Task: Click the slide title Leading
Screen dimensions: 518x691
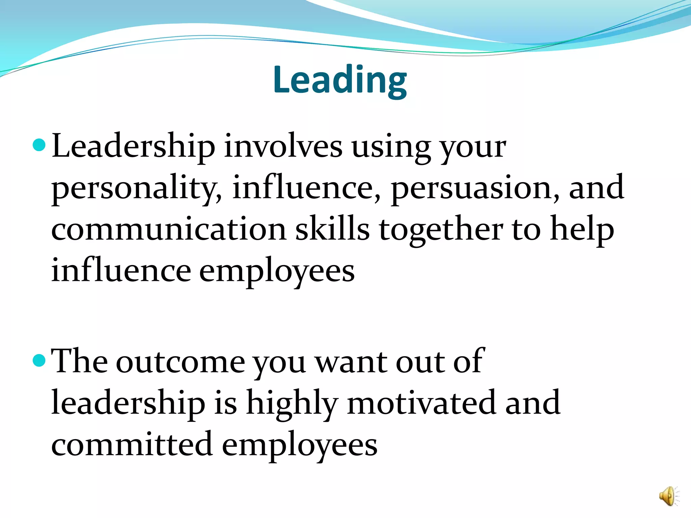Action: click(340, 80)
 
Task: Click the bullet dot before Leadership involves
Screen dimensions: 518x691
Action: click(39, 145)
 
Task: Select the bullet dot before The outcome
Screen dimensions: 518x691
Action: click(39, 361)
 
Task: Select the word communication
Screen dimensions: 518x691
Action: click(169, 229)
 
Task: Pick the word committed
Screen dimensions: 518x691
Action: click(132, 444)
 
